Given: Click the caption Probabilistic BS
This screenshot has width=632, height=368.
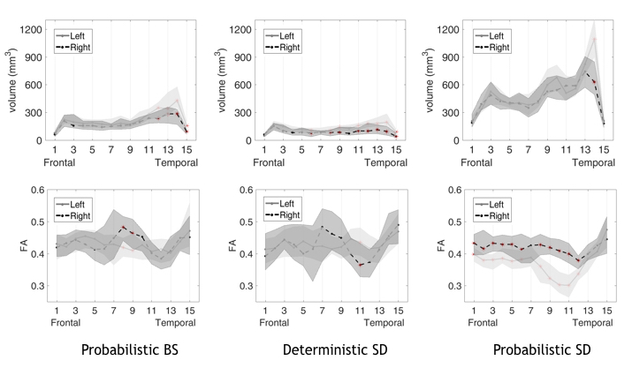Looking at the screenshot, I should tap(131, 350).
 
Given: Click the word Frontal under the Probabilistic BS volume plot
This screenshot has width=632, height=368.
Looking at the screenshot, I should tap(57, 164).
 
